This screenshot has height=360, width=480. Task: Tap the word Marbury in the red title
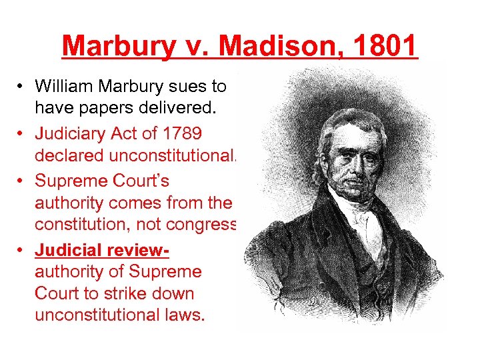[115, 46]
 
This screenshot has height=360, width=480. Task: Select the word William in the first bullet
[63, 86]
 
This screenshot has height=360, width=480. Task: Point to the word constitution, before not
[86, 224]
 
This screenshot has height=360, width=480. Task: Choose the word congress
[203, 224]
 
